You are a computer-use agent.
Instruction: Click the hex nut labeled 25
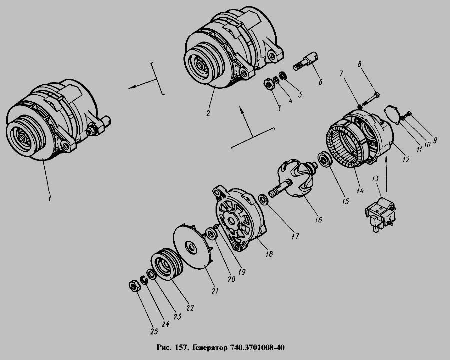click(x=134, y=286)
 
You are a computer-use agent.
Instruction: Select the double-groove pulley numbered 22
click(x=167, y=264)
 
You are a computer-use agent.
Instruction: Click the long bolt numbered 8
click(x=370, y=98)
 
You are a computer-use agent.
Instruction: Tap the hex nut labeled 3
click(x=268, y=84)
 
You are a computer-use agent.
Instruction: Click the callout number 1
click(x=49, y=198)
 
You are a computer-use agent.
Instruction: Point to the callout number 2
click(x=208, y=113)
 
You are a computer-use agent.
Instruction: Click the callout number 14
click(x=360, y=190)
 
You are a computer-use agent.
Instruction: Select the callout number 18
click(x=269, y=254)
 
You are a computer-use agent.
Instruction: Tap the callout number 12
click(x=406, y=159)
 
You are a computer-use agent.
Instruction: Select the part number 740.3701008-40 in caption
click(x=257, y=348)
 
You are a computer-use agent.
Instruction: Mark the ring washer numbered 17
click(x=263, y=200)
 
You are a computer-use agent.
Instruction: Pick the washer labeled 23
click(x=151, y=275)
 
